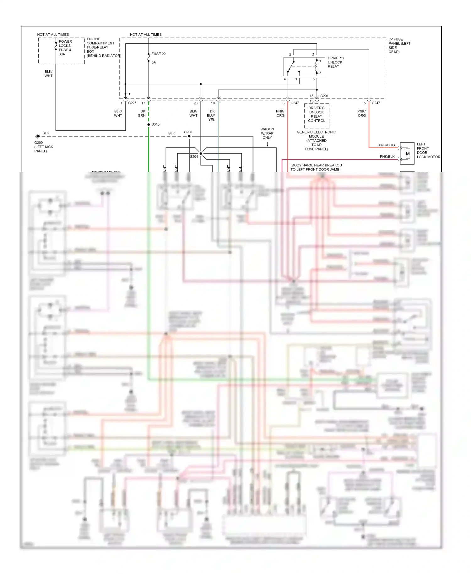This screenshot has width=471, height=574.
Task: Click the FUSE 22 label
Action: pos(158,54)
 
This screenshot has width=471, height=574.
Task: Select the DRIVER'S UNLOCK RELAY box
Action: pos(304,67)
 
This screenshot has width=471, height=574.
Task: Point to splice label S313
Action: pos(155,124)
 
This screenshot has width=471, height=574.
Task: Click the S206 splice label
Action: pos(188,132)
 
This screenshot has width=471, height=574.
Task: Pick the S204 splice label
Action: pos(194,157)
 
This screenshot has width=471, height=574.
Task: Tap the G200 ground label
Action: pos(39,143)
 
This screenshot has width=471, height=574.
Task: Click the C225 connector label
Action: pos(132,103)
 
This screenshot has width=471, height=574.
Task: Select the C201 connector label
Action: pos(324,96)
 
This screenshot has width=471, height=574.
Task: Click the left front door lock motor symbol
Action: pos(407,154)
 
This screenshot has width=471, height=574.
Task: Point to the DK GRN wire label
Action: pos(142,113)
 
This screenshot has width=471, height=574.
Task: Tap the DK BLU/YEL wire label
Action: pos(211,116)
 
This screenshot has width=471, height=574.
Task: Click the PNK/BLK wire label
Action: pos(387,157)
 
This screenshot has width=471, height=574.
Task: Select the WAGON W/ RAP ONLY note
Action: pos(267,133)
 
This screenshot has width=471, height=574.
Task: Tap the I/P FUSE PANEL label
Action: pos(399,46)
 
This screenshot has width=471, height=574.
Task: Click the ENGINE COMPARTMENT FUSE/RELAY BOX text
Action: pos(100,47)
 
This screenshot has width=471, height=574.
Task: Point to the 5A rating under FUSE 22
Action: pos(154,62)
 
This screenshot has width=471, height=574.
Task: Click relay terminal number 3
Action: pos(290,55)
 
